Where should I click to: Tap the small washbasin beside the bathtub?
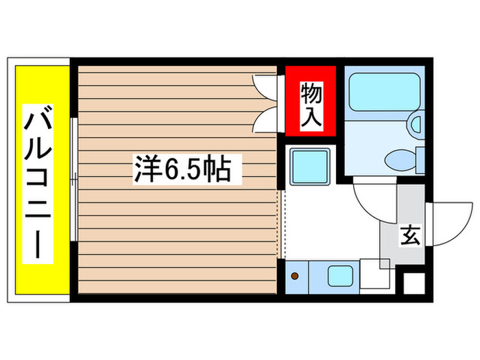416,124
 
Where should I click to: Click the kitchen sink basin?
339,276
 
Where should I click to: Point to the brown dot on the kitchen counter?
296,276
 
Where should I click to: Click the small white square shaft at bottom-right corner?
414,283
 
